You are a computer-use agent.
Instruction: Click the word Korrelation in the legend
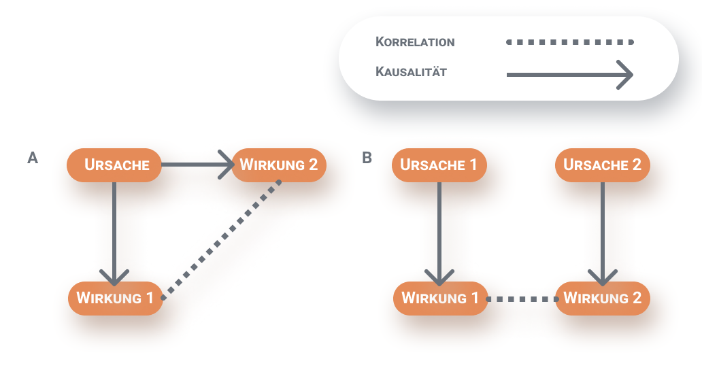click(x=415, y=42)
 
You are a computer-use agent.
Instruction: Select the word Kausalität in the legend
click(x=411, y=71)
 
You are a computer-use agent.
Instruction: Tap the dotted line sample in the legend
click(x=570, y=42)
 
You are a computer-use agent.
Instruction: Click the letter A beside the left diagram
click(x=32, y=158)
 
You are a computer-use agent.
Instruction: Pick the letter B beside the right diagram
click(x=367, y=158)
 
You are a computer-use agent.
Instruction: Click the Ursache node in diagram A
click(x=114, y=165)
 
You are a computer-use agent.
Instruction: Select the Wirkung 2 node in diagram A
click(x=279, y=165)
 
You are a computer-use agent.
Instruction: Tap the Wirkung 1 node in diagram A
click(x=115, y=298)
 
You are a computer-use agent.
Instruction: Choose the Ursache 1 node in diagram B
click(x=439, y=165)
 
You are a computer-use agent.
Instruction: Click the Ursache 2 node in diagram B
click(x=603, y=165)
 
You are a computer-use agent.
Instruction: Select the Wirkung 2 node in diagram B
click(x=603, y=298)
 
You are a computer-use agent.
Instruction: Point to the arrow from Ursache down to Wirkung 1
click(x=114, y=231)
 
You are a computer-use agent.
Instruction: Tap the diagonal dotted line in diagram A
click(x=222, y=239)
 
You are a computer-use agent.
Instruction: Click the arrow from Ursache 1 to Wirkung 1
click(x=439, y=231)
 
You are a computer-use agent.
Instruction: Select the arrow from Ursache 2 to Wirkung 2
click(x=603, y=231)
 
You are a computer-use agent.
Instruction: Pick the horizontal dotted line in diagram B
click(x=522, y=298)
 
